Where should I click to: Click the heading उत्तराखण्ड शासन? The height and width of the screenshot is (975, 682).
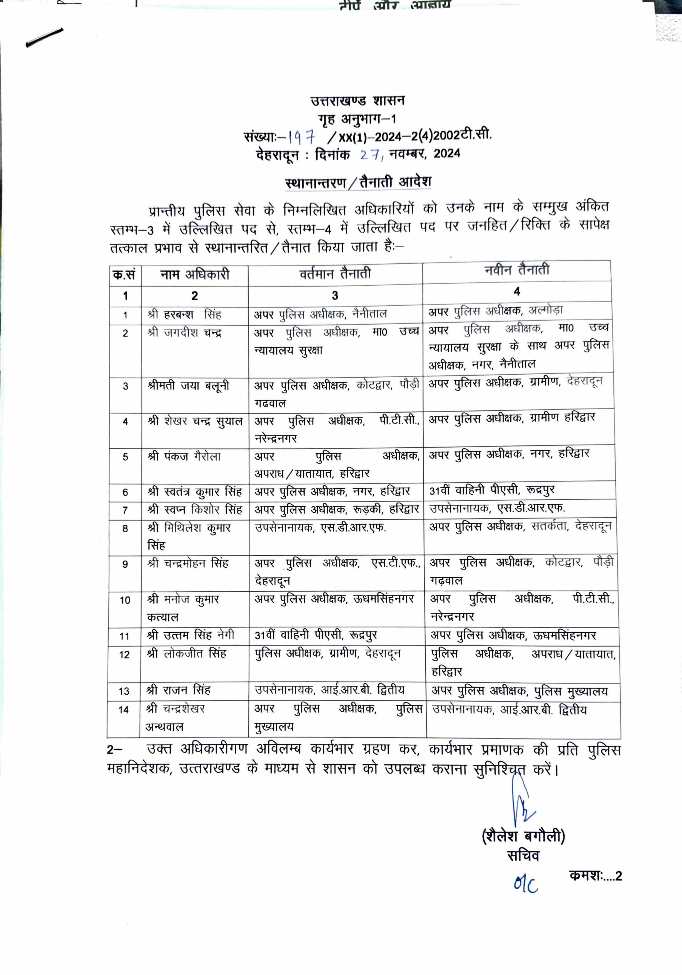tap(358, 101)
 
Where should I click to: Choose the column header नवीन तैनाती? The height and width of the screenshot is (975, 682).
tap(517, 270)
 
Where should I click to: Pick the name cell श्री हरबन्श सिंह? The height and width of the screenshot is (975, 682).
tap(184, 315)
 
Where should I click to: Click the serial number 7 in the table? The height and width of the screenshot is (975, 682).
tap(125, 510)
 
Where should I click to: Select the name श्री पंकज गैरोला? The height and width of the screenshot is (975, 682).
tap(184, 457)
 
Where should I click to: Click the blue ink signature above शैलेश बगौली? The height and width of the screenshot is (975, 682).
tap(521, 801)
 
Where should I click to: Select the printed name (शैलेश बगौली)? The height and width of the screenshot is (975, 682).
tap(523, 836)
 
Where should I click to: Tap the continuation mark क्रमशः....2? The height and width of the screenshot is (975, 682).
tap(595, 876)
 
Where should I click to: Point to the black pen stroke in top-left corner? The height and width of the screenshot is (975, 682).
tap(44, 37)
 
